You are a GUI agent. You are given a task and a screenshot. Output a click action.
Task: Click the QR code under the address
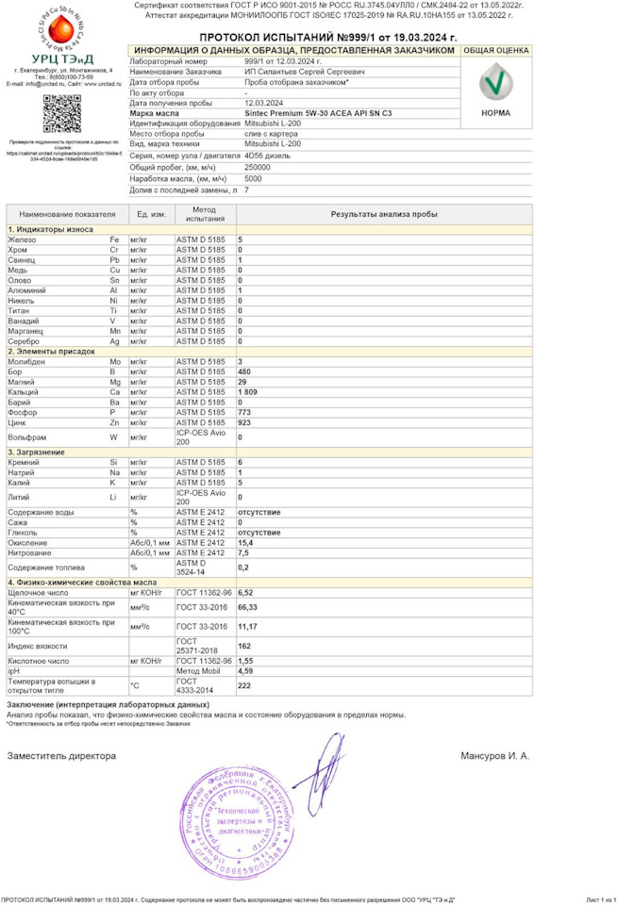(x=60, y=113)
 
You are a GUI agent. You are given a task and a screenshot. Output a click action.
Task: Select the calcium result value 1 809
(x=247, y=391)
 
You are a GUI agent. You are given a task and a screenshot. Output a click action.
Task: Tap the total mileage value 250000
(x=258, y=167)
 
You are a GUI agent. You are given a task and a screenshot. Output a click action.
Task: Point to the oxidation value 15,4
(x=244, y=543)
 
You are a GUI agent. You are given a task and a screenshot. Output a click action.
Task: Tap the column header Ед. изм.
(x=151, y=214)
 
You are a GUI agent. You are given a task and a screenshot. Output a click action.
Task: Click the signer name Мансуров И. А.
(x=494, y=755)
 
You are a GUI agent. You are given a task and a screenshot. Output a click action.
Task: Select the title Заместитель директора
(x=61, y=755)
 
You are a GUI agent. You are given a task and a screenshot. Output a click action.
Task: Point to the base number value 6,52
(x=245, y=592)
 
